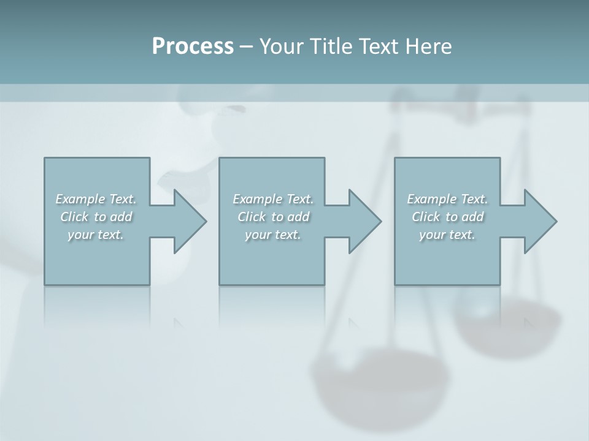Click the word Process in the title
[x=193, y=47]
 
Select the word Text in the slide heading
[x=379, y=47]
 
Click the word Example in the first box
[x=80, y=199]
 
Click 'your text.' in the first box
[x=96, y=235]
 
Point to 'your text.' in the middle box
[x=273, y=235]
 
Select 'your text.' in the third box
[x=447, y=235]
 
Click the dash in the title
[x=246, y=47]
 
